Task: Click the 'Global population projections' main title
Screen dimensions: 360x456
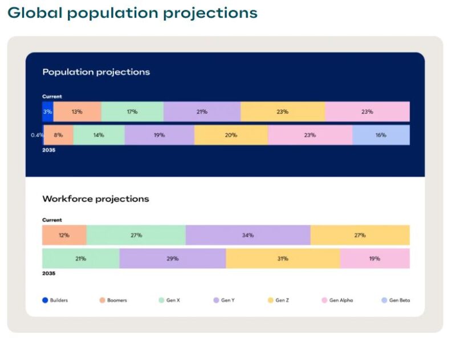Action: coord(132,13)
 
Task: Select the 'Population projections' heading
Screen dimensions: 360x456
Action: coord(96,72)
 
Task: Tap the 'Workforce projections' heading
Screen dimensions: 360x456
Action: coord(95,199)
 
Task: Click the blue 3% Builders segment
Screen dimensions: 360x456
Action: coord(47,112)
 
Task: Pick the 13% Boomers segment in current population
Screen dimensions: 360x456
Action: coord(77,112)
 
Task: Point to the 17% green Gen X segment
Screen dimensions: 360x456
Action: coord(132,112)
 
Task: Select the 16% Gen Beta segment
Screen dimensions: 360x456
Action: coord(381,135)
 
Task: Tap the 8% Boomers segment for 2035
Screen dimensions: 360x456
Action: coord(58,135)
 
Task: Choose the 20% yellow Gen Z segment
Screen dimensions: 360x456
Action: coord(231,135)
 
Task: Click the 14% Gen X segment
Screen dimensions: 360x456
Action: coord(99,135)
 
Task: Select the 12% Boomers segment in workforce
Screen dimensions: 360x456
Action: coord(64,235)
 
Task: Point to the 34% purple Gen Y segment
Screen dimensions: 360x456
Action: coord(248,235)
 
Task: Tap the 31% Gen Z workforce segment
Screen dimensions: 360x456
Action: coord(283,258)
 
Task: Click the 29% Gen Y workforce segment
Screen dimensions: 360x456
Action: coord(173,258)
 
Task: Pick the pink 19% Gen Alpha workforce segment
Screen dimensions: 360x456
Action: coord(374,258)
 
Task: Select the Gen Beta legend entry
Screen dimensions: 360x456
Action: coord(396,300)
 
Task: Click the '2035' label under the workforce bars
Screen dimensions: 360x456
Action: coord(48,273)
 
